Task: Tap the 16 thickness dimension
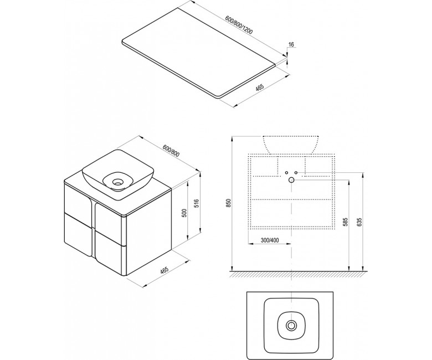coord(291,44)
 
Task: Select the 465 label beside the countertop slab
coord(260,88)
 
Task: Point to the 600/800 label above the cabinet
coord(171,151)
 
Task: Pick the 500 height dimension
coord(185,213)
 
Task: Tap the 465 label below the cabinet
coord(164,270)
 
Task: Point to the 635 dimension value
coord(358,222)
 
